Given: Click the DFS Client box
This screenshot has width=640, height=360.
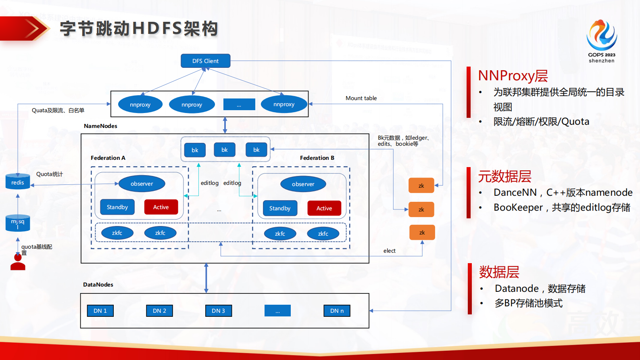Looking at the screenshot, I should (205, 61).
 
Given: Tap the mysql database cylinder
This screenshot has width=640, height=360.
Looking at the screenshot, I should (18, 223).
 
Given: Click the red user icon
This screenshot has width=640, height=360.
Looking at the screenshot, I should (18, 262).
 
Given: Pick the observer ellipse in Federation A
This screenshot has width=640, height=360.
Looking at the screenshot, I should (142, 184).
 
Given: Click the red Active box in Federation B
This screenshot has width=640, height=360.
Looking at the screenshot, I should (324, 208).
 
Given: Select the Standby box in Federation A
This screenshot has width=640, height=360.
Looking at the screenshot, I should (117, 207).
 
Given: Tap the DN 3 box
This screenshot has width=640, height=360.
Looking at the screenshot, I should (219, 311).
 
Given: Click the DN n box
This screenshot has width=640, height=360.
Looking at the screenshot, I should (337, 311).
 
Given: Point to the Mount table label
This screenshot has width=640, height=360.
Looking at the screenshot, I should (361, 98).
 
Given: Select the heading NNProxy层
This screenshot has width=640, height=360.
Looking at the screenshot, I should (513, 76).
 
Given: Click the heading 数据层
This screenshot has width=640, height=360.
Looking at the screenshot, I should (499, 272).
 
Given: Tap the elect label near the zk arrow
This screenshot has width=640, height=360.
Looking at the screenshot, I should (389, 251).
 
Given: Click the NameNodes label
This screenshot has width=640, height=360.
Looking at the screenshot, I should (100, 126).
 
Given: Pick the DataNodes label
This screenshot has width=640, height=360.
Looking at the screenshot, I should (98, 285).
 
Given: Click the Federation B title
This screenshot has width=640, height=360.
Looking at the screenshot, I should (317, 158).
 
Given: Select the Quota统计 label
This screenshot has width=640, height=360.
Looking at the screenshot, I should (50, 174).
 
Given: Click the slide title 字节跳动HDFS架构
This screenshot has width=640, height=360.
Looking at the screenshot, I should (139, 29).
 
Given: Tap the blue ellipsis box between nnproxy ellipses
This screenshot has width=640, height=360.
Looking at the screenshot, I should (239, 105).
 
